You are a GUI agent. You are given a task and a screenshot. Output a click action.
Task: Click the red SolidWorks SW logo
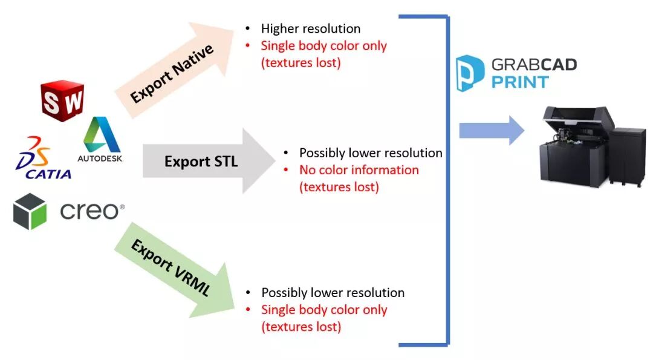[x=62, y=101]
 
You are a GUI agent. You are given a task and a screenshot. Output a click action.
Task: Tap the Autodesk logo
[x=100, y=140]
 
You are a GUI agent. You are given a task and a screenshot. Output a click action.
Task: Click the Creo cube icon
[x=30, y=211]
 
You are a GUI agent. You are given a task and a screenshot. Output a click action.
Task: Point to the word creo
[x=91, y=211]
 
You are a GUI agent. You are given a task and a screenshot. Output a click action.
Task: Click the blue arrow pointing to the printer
[x=491, y=131]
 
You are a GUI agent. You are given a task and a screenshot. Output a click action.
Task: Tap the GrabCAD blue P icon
[x=470, y=73]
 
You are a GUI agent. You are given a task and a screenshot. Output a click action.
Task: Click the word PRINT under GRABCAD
[x=520, y=82]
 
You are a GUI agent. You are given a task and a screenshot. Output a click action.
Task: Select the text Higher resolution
[x=311, y=28]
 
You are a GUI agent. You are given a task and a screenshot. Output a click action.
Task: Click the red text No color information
[x=359, y=170]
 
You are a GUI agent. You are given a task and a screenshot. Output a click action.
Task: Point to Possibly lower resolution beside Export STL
[x=371, y=153]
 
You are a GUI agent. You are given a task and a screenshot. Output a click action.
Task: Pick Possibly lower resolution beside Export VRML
[x=333, y=293]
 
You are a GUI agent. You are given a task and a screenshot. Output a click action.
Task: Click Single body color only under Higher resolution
[x=323, y=46]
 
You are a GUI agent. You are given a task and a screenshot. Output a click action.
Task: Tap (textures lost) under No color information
[x=339, y=187]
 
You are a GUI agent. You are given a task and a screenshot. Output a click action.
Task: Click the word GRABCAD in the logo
[x=534, y=65]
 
